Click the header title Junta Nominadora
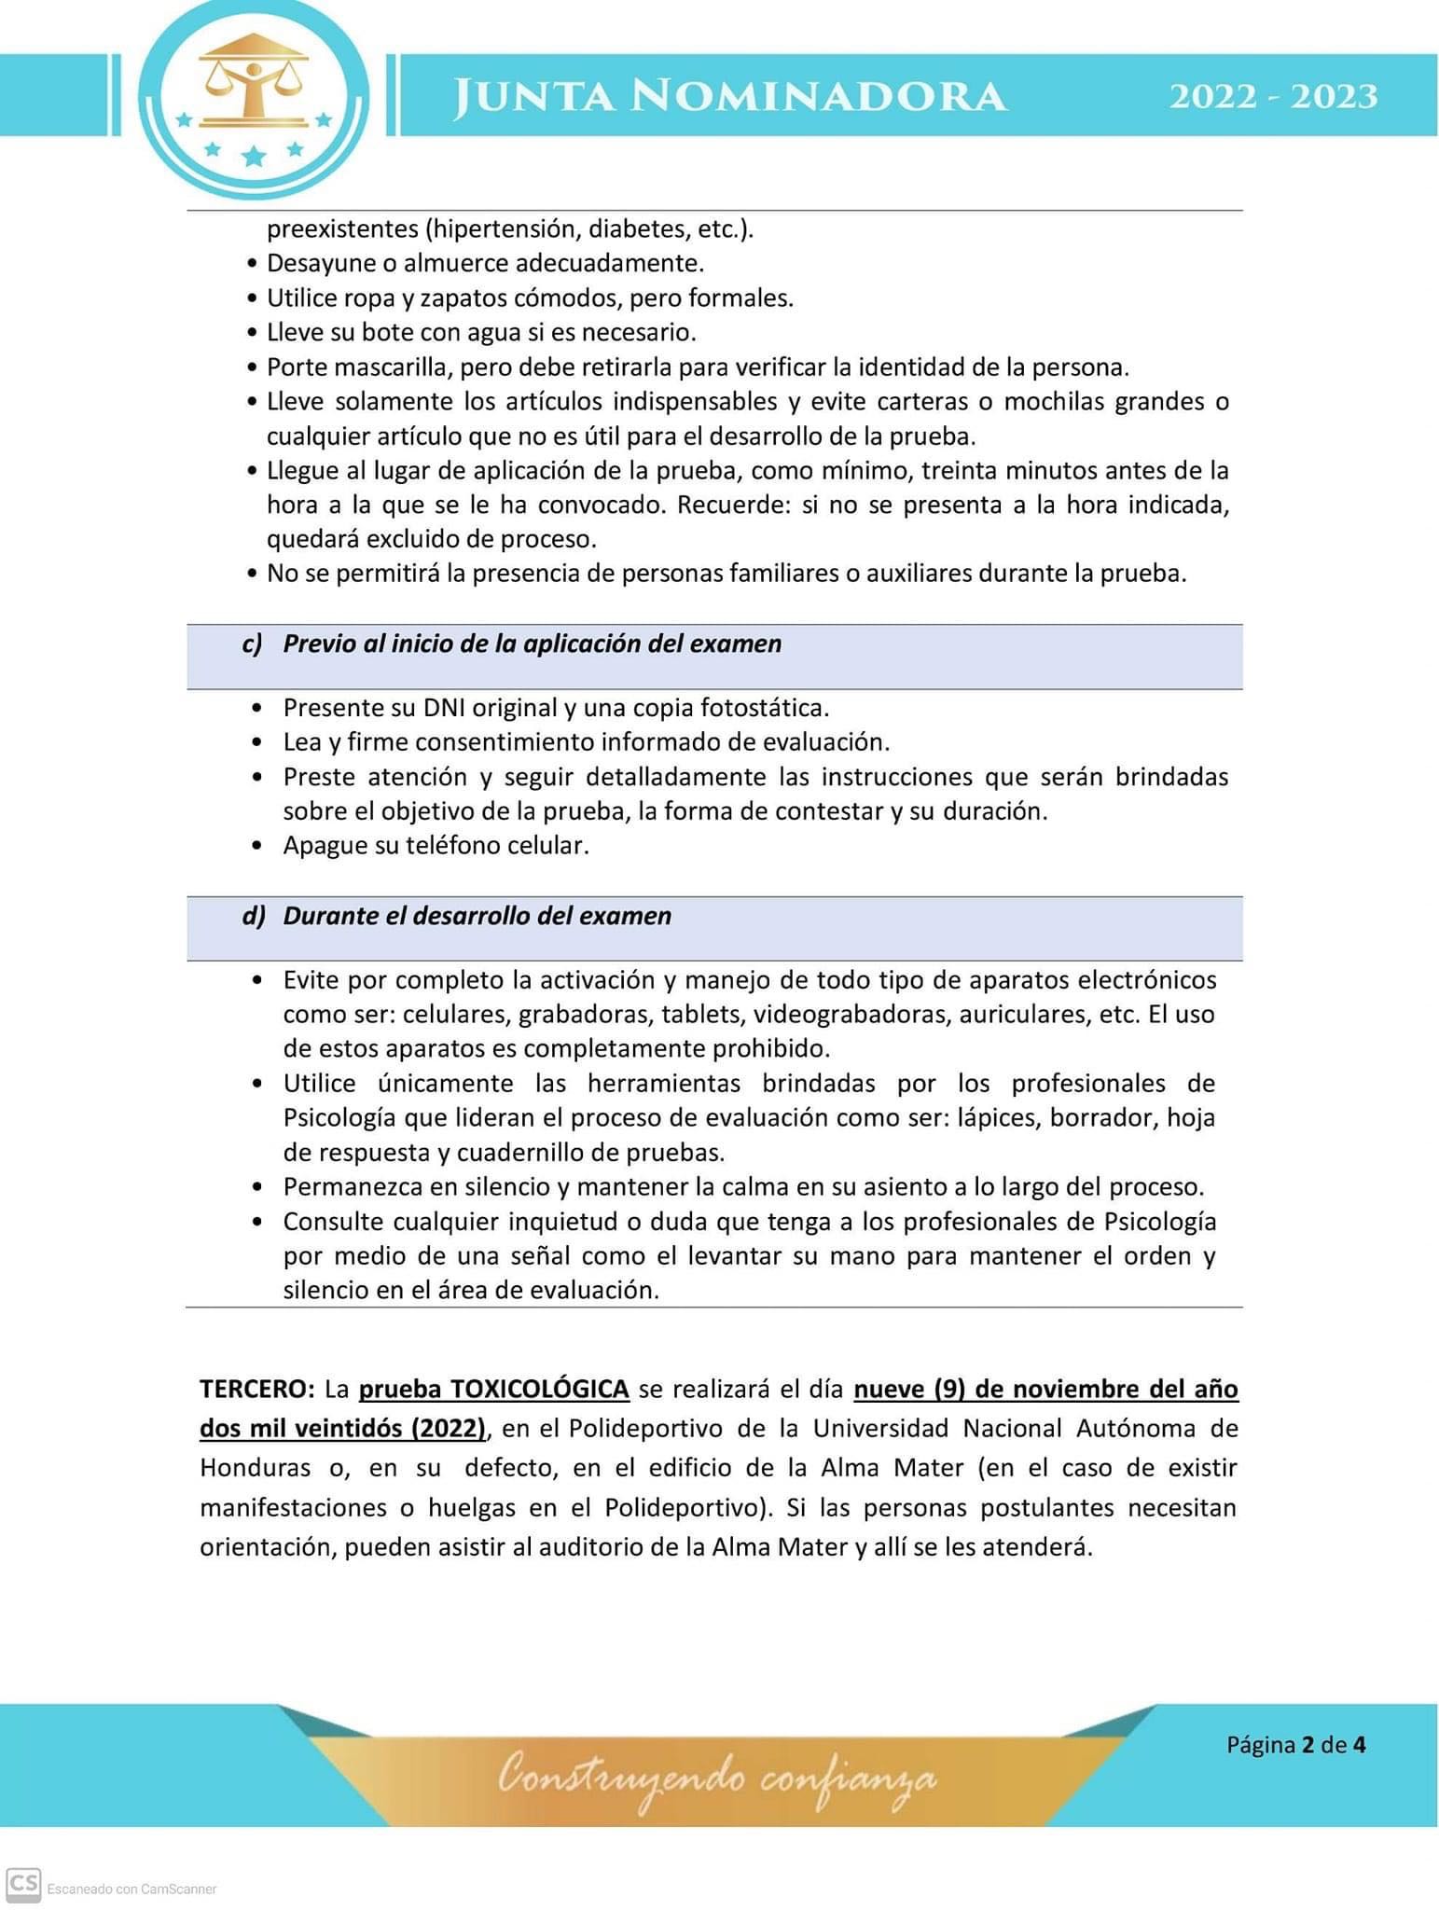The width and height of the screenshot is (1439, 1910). pyautogui.click(x=729, y=97)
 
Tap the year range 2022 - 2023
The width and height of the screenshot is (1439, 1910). pyautogui.click(x=1273, y=97)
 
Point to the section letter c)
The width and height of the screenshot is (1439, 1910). pyautogui.click(x=252, y=644)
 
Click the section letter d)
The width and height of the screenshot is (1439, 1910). pyautogui.click(x=254, y=916)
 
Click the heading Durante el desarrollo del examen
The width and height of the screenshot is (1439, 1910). pyautogui.click(x=477, y=916)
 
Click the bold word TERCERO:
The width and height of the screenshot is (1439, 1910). pyautogui.click(x=257, y=1389)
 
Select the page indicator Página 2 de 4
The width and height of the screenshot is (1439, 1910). pyautogui.click(x=1295, y=1744)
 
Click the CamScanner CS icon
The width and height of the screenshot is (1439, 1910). pyautogui.click(x=23, y=1884)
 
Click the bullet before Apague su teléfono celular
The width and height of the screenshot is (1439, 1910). pyautogui.click(x=257, y=847)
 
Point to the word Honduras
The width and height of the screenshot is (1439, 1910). pyautogui.click(x=255, y=1467)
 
